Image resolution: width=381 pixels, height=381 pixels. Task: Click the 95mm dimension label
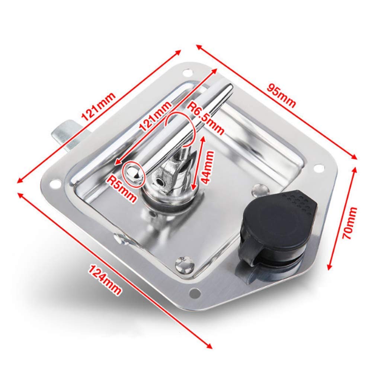coord(281,96)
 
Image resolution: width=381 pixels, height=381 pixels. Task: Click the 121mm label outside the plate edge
coord(98,107)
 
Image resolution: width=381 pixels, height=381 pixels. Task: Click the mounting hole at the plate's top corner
coord(187,73)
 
